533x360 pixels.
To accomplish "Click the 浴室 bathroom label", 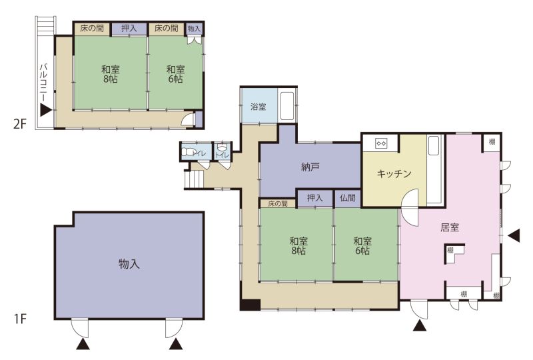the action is (x=258, y=107).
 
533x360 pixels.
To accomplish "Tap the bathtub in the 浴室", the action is (x=287, y=106).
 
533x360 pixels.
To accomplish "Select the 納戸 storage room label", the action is (x=310, y=167).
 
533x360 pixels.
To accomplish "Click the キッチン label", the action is (x=394, y=174).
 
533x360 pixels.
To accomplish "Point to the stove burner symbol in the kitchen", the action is (x=380, y=143).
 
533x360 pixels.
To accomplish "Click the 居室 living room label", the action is (x=449, y=227).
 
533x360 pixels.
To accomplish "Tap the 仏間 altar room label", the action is (x=347, y=198).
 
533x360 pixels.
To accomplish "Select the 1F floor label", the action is (x=20, y=319).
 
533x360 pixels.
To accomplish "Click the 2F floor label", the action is (x=20, y=124).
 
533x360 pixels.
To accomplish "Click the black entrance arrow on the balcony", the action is (x=45, y=110).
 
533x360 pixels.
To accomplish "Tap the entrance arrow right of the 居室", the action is (x=514, y=235).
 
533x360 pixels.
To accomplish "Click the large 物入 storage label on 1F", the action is (x=129, y=263).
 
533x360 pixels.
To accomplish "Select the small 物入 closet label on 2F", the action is (x=194, y=29).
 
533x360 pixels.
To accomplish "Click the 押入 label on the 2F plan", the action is (x=129, y=28).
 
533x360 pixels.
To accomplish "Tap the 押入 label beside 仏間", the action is (x=314, y=198).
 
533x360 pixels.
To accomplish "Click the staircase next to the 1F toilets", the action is (x=193, y=179).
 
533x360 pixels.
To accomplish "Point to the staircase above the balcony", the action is (x=45, y=25).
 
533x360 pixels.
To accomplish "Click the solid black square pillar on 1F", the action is (x=250, y=305).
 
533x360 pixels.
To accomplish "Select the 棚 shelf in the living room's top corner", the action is (x=492, y=142).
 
